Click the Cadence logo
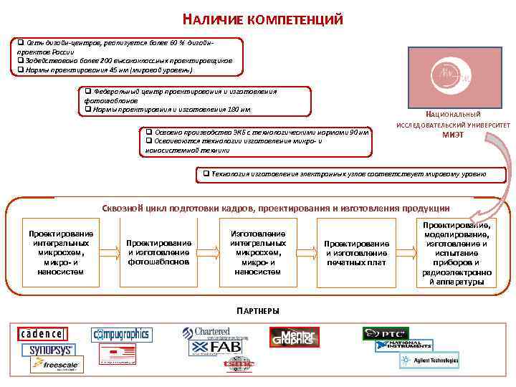coord(42,334)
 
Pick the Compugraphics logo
coord(122,334)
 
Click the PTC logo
coord(385,333)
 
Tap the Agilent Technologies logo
coord(429,360)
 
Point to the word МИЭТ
coord(453,134)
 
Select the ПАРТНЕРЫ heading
coord(258,310)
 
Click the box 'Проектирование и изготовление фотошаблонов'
coord(159,252)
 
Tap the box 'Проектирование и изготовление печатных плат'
coord(356,252)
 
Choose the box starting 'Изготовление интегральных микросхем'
coord(257,252)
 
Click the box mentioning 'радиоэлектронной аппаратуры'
coord(457,253)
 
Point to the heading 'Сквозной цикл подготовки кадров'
coord(274,208)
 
